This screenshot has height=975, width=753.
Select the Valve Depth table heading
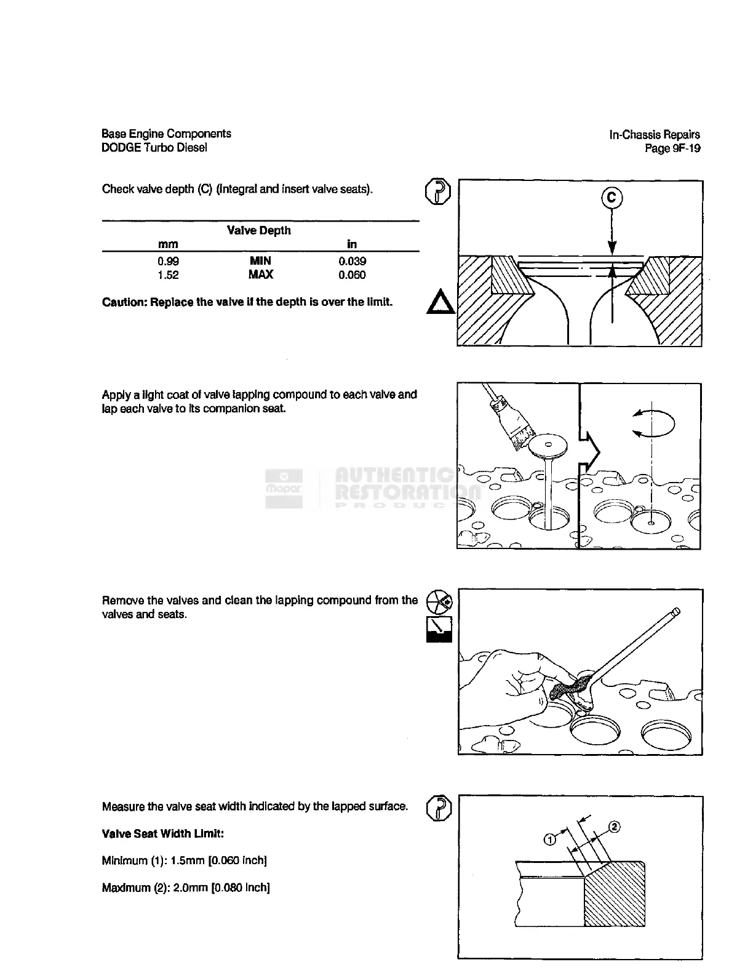click(259, 231)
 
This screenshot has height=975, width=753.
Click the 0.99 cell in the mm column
click(168, 262)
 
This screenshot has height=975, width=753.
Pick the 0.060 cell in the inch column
click(352, 275)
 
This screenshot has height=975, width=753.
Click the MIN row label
click(260, 262)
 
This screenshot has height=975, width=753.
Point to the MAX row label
click(260, 275)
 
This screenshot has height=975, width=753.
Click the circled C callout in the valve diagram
click(611, 198)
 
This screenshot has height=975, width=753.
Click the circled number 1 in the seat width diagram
click(550, 838)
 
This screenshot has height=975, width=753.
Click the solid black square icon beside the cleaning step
click(439, 629)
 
